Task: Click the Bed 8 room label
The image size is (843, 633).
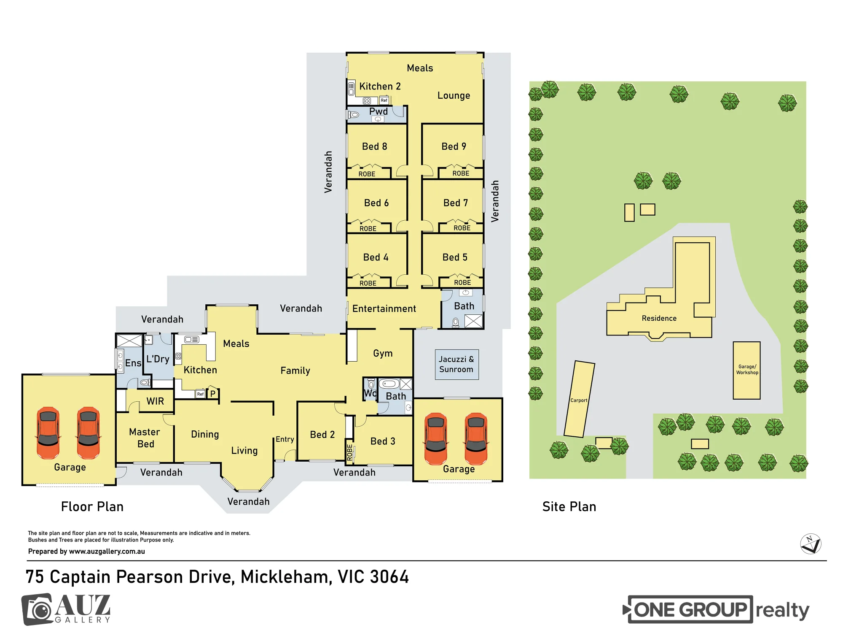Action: tap(374, 146)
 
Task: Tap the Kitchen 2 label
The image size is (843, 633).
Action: tap(380, 86)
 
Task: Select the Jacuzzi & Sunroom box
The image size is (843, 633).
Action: tap(457, 364)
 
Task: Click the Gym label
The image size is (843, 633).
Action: tap(383, 353)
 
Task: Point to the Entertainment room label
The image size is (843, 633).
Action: tap(384, 308)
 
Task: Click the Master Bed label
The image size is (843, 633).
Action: tap(145, 438)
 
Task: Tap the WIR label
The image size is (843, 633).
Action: tap(155, 401)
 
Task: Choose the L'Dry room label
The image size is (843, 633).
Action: tap(158, 359)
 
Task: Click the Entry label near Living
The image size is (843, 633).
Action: tap(285, 439)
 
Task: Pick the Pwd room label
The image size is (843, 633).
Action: tap(379, 111)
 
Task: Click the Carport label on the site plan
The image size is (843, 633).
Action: tap(579, 400)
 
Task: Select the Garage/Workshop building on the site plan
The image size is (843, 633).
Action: tap(747, 371)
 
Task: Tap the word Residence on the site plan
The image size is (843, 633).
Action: tap(659, 318)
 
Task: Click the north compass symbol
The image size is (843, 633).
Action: tap(811, 544)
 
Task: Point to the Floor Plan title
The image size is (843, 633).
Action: tap(92, 506)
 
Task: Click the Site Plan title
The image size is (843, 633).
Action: tap(569, 506)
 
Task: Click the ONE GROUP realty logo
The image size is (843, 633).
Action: tap(716, 609)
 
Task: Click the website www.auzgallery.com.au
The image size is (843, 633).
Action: tap(107, 551)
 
